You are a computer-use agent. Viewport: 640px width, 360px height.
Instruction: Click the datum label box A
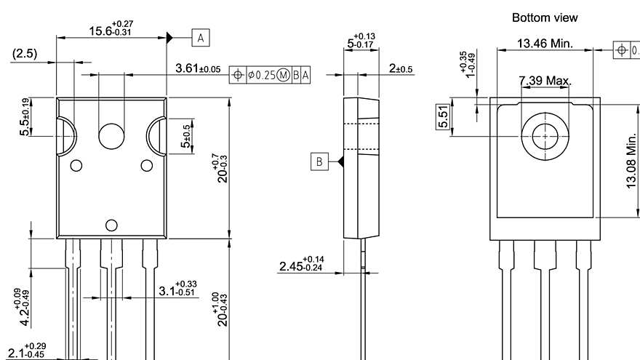click(x=201, y=36)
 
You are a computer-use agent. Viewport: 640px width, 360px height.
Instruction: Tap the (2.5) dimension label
click(x=25, y=54)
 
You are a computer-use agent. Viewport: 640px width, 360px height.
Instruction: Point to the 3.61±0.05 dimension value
click(x=199, y=68)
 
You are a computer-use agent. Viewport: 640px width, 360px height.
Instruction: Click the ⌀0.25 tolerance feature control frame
click(x=270, y=74)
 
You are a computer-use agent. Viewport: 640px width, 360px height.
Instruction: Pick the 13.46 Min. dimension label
click(x=545, y=44)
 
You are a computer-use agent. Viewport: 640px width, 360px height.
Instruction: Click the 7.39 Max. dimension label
click(x=545, y=79)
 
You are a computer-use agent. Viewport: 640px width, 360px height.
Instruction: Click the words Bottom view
click(x=545, y=17)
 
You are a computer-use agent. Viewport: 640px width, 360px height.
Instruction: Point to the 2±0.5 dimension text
click(x=400, y=68)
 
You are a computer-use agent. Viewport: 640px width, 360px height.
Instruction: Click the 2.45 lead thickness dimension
click(x=302, y=265)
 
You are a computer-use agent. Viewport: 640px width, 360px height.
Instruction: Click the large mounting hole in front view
click(x=112, y=135)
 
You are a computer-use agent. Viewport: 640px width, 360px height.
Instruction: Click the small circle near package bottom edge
click(x=111, y=225)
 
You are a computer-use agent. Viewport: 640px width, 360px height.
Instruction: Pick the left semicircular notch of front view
click(x=67, y=136)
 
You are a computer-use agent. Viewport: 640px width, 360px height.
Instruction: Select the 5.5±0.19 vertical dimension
click(x=25, y=116)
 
